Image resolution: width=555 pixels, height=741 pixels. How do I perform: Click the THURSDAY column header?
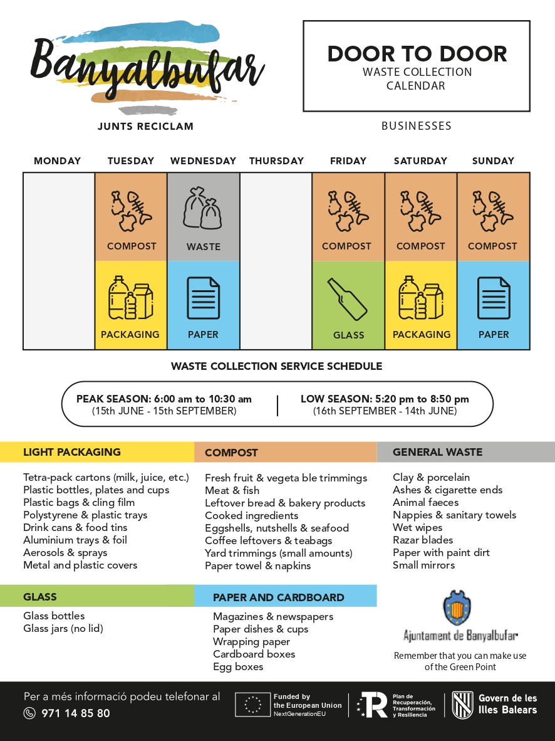click(276, 161)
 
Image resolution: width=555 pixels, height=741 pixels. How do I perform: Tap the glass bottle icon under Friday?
click(348, 298)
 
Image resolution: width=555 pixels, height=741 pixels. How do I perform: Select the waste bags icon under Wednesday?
click(203, 208)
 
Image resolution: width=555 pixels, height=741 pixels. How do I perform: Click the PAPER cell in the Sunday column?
click(494, 305)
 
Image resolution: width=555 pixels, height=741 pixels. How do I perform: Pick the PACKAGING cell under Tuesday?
click(130, 305)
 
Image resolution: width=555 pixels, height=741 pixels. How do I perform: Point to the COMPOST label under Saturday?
click(420, 246)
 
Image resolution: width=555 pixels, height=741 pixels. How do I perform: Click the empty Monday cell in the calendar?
click(59, 261)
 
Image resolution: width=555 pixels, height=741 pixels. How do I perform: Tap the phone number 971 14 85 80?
click(76, 713)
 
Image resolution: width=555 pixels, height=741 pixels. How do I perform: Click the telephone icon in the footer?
click(29, 713)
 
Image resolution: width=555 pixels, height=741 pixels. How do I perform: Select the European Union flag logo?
click(252, 705)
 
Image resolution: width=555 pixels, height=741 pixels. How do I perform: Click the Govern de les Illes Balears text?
click(507, 704)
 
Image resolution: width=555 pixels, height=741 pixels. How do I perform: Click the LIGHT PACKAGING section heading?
click(72, 452)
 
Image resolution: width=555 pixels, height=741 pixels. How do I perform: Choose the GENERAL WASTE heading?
click(437, 452)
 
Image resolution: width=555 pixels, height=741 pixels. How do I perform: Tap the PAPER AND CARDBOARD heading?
click(279, 597)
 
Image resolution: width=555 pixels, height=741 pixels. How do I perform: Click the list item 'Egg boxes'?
click(238, 667)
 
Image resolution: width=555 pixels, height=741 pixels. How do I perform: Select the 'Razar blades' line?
click(423, 540)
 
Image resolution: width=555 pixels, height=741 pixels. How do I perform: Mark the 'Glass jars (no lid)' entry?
click(63, 629)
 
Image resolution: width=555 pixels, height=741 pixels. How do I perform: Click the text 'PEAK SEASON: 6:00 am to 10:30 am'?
click(164, 399)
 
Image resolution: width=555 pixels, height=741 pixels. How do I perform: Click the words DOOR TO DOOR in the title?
click(417, 54)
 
